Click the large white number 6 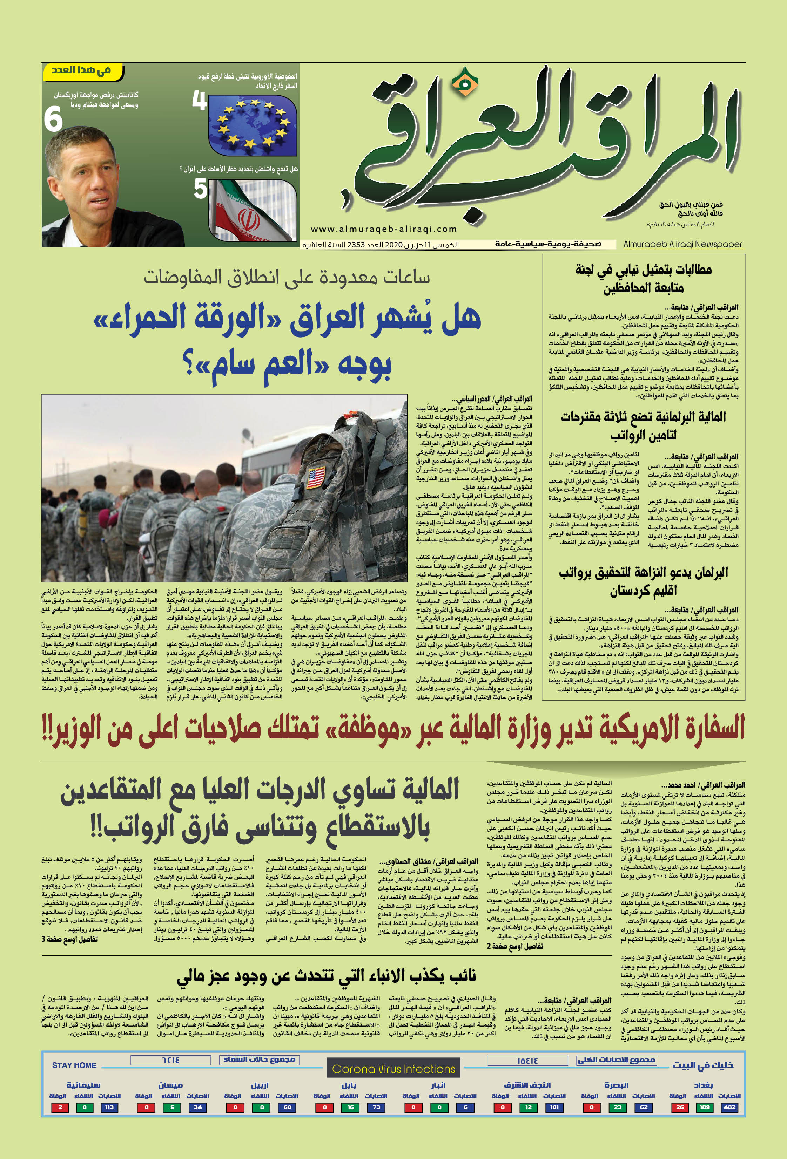click(x=53, y=120)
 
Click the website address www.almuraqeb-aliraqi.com click(x=383, y=229)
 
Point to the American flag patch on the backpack click(x=316, y=477)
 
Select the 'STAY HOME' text click(x=74, y=1065)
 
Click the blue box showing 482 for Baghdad click(x=729, y=1107)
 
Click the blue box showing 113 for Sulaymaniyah click(x=109, y=1107)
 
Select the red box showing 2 click(x=60, y=1107)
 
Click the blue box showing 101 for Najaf click(x=554, y=1107)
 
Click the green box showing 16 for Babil click(x=350, y=1107)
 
